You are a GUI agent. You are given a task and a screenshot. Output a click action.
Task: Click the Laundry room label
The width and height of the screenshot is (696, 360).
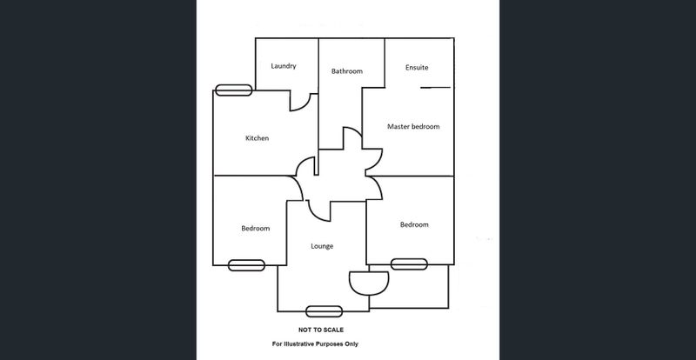284,66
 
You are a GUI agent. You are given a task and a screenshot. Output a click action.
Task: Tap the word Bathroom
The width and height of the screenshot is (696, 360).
346,71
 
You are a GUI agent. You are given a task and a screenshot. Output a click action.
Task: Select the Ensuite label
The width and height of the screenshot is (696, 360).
417,68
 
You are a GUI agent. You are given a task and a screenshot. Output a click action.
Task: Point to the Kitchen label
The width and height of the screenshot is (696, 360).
257,138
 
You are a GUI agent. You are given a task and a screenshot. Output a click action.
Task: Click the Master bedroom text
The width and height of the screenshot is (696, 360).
413,126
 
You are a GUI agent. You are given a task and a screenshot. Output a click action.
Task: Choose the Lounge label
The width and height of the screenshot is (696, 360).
322,246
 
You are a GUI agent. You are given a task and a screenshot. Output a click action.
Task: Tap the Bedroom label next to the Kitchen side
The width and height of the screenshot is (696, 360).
255,228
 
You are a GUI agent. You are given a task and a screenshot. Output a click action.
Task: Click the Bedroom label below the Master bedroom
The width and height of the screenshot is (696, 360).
414,224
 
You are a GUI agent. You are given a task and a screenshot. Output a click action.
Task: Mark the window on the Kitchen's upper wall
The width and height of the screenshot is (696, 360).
233,90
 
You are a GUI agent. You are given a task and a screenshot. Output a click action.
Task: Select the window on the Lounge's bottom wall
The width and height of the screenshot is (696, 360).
324,311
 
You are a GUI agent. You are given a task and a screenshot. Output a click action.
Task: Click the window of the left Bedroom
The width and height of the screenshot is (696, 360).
246,265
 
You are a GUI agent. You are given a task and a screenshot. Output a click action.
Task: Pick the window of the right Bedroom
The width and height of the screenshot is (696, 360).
409,264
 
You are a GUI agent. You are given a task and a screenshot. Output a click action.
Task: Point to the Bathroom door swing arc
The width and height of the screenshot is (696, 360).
355,131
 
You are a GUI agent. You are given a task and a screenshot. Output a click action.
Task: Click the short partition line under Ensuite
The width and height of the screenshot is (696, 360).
436,88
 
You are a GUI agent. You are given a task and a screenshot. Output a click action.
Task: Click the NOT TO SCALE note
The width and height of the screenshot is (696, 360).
321,330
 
